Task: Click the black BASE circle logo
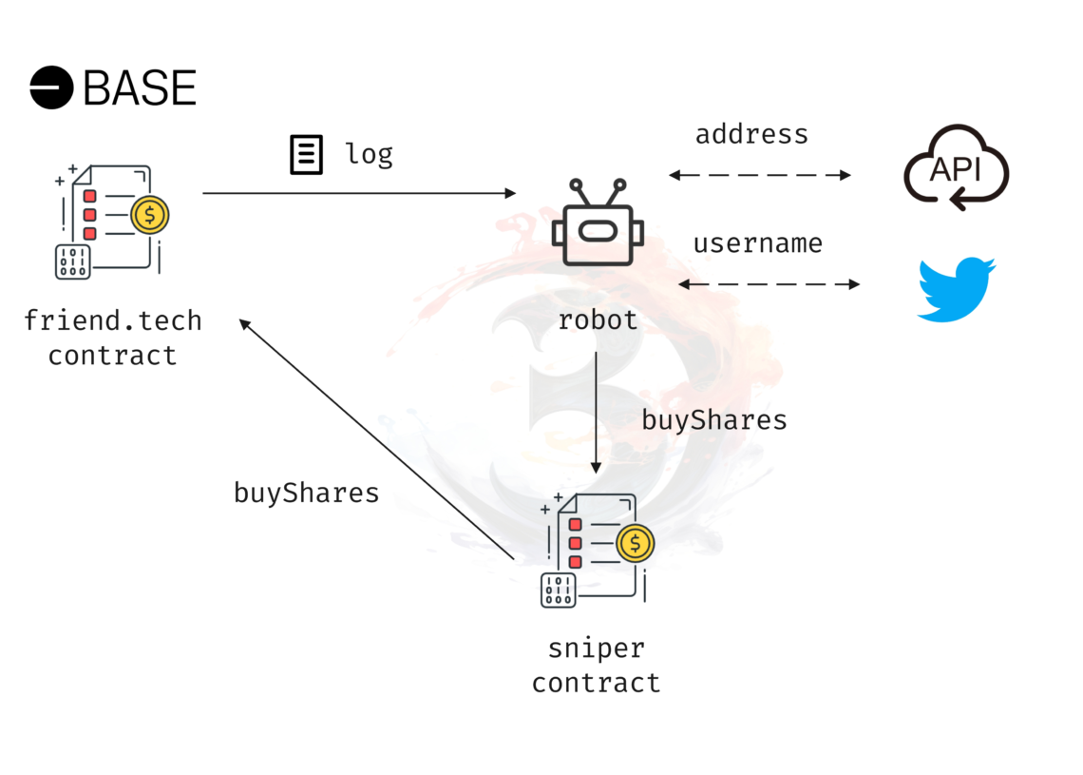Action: pos(51,87)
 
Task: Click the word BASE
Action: pos(141,87)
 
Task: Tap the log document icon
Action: pos(306,154)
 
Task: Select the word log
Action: pos(369,153)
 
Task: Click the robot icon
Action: pos(598,222)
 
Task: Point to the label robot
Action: pos(598,320)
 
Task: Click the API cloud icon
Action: pos(957,167)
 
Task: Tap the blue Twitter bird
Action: pos(957,289)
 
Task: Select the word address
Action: pos(751,134)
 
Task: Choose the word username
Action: pos(758,243)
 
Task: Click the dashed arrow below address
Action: pos(760,175)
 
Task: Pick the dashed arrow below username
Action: pos(769,283)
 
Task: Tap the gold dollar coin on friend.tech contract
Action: pos(150,215)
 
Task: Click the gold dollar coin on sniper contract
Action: pos(636,543)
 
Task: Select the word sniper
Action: pos(597,649)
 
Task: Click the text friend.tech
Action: pos(113,320)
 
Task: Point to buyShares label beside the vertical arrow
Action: pos(714,420)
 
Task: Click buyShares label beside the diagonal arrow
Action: pos(306,493)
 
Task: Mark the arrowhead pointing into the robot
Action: pos(511,193)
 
